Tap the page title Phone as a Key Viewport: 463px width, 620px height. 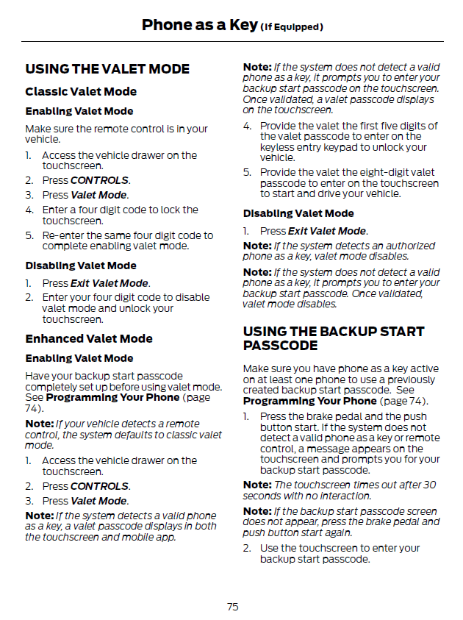199,25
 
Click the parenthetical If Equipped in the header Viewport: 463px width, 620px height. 292,27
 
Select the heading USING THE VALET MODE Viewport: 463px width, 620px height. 107,69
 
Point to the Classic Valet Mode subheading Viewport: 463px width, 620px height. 81,92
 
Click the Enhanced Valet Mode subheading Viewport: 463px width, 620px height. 89,339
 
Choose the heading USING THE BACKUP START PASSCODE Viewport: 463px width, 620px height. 333,338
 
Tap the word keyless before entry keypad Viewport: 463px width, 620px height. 277,147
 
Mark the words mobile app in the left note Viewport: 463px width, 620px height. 154,538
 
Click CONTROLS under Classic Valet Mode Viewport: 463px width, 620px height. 100,180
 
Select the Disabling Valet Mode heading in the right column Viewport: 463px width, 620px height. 298,213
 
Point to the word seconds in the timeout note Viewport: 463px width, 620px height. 259,495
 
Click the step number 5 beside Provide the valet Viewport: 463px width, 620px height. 247,173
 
